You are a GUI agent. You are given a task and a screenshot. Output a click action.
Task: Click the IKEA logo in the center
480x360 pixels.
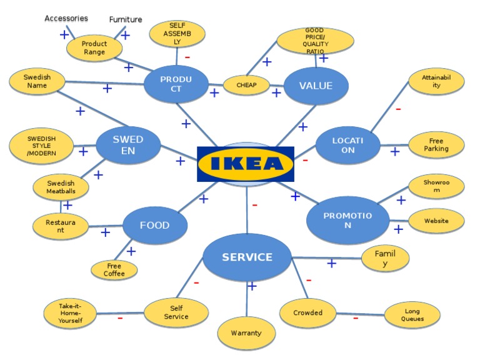246,164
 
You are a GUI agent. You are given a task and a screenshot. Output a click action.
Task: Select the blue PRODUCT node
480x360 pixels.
176,84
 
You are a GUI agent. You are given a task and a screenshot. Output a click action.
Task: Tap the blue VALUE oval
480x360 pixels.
316,86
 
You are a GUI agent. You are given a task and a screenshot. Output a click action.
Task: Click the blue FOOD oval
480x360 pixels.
154,225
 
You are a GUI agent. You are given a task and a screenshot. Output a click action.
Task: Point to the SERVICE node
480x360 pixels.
247,257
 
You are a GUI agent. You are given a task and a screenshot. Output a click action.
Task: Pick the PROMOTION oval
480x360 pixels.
347,220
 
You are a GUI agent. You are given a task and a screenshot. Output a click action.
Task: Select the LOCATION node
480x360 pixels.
347,145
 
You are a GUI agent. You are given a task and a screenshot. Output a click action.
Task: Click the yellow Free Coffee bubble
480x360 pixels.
114,270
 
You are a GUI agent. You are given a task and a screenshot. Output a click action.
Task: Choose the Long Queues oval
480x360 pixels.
412,314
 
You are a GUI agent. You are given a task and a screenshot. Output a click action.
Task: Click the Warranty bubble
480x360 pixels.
246,333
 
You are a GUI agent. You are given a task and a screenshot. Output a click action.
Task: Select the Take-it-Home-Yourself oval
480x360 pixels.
71,314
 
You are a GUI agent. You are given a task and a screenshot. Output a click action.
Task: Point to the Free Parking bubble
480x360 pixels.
436,145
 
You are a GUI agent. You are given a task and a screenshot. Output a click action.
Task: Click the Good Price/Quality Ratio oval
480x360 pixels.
315,41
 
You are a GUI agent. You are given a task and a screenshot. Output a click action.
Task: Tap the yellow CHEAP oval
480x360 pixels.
246,85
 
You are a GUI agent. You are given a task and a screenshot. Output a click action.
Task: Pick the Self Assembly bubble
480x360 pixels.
177,34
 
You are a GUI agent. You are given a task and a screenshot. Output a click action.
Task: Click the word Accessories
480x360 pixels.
66,19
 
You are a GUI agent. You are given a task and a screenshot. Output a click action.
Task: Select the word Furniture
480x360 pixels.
126,19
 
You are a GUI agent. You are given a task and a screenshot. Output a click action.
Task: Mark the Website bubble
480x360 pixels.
436,221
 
